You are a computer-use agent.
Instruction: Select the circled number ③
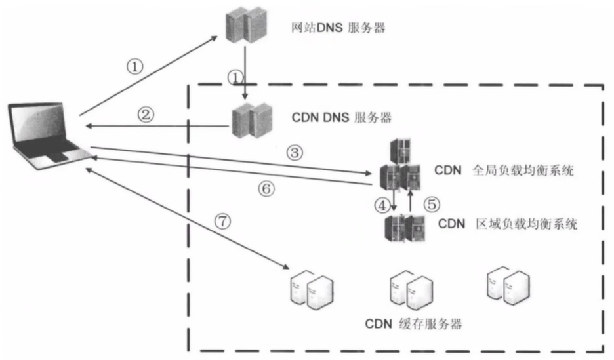(x=295, y=152)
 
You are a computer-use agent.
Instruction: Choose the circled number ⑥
(x=265, y=189)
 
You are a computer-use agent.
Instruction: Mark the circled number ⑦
(x=223, y=222)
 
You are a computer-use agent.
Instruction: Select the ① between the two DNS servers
(x=235, y=77)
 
